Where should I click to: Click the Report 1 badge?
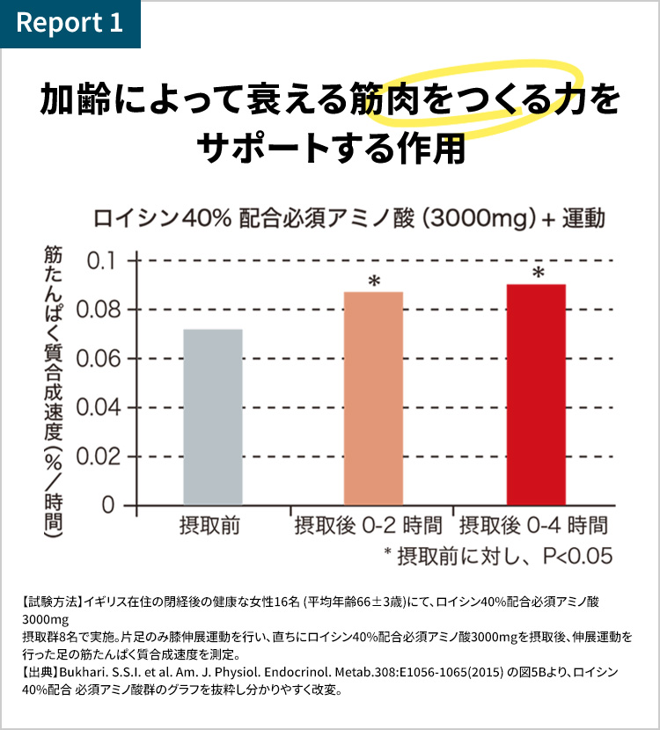point(70,23)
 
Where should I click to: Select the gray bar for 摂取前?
point(213,417)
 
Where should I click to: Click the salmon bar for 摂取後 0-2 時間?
point(373,398)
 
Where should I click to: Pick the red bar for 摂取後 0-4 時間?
point(536,394)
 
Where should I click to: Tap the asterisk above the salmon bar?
point(374,281)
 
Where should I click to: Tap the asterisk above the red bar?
point(539,273)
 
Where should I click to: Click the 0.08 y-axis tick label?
point(99,310)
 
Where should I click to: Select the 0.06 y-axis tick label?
point(99,359)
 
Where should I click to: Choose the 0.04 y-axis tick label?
point(99,407)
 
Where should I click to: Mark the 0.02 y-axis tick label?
point(99,456)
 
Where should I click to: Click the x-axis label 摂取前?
point(209,526)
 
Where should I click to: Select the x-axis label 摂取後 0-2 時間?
point(368,526)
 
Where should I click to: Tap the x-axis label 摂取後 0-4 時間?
point(534,526)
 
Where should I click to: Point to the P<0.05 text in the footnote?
point(577,557)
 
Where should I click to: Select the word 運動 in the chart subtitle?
point(583,218)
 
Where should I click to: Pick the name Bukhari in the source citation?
point(80,672)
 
